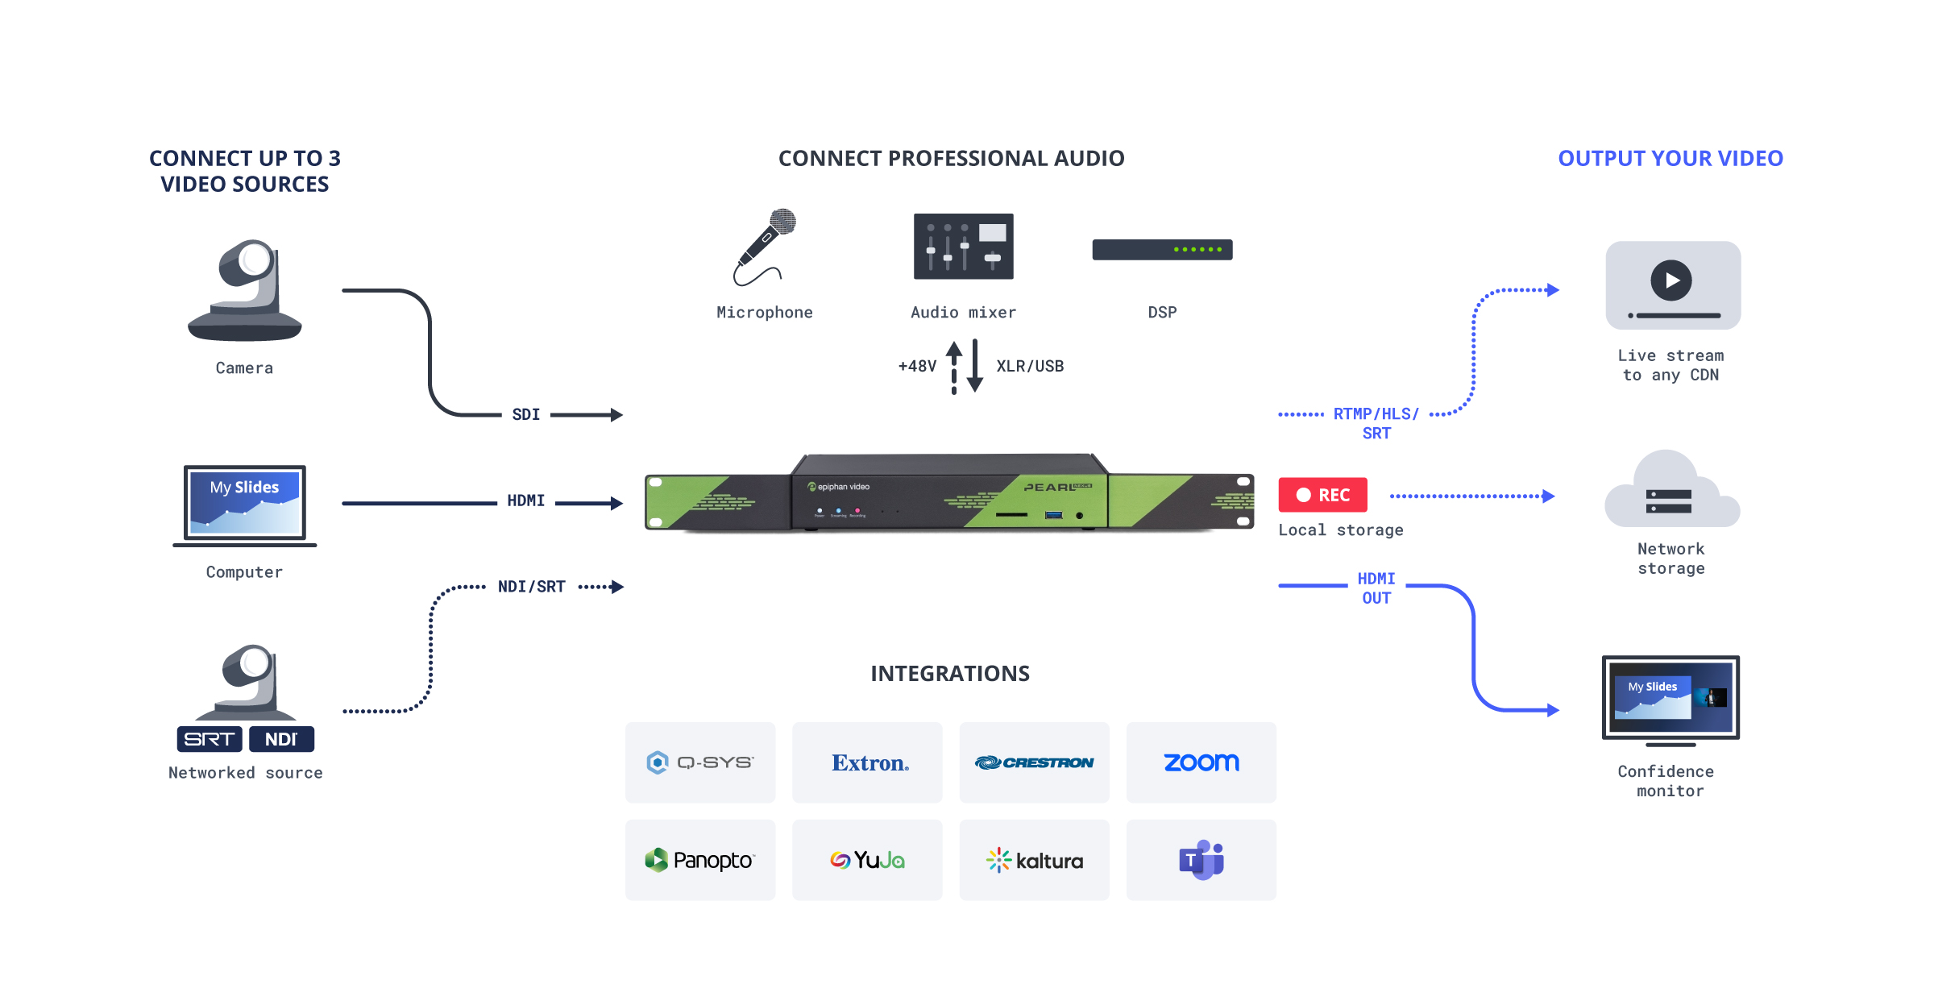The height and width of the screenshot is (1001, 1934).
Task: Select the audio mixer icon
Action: (x=963, y=247)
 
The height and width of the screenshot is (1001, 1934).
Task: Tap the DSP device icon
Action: (x=1162, y=250)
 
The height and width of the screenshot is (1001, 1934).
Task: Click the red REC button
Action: (x=1322, y=495)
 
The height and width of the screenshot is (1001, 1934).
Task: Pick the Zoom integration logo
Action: (x=1201, y=762)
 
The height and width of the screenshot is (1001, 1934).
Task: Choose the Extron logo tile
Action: (x=867, y=762)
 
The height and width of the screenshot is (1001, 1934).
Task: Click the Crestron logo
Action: (x=1034, y=762)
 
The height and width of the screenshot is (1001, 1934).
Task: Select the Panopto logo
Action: (x=699, y=860)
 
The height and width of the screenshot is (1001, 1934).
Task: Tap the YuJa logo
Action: (x=867, y=860)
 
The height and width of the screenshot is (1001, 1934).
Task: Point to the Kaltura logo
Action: (x=1034, y=860)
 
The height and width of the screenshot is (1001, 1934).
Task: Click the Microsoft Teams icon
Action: (x=1201, y=860)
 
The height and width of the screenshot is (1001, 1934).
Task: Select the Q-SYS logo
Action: (x=699, y=762)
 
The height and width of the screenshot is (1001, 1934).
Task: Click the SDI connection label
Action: (x=526, y=414)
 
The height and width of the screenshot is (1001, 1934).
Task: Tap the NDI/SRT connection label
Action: (x=531, y=587)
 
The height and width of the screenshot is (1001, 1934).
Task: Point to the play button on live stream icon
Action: (x=1671, y=280)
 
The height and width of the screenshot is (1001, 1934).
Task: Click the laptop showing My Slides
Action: (x=244, y=504)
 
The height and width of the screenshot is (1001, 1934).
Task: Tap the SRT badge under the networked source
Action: (x=210, y=739)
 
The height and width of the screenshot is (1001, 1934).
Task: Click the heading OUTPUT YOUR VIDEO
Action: (x=1670, y=158)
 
